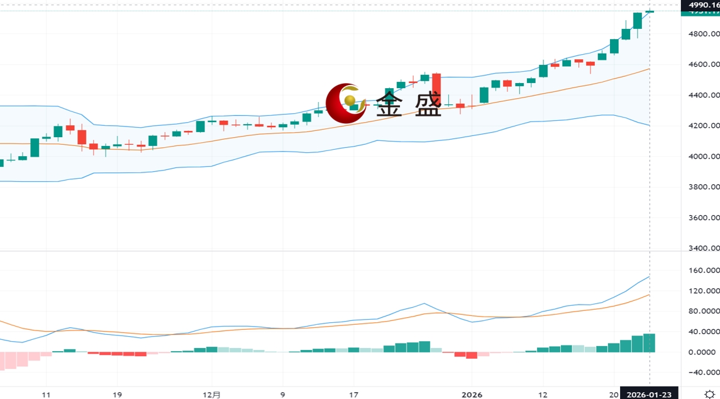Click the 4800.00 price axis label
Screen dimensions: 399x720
point(702,34)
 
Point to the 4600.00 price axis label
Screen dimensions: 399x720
point(702,64)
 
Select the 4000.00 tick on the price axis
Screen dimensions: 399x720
point(702,157)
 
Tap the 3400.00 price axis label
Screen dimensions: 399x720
point(702,249)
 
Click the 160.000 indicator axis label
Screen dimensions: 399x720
point(704,271)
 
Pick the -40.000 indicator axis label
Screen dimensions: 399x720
point(704,373)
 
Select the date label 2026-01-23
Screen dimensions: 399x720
point(649,394)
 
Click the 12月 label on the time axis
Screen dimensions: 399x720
point(213,395)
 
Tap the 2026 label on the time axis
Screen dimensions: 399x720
point(472,395)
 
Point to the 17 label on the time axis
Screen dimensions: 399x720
point(354,395)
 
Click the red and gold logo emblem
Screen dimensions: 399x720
point(345,103)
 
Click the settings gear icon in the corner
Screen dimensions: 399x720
point(709,394)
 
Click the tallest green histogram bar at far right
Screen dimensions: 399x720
point(649,342)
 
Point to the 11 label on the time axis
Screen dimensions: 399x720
point(46,395)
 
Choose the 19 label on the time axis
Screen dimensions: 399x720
point(117,395)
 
